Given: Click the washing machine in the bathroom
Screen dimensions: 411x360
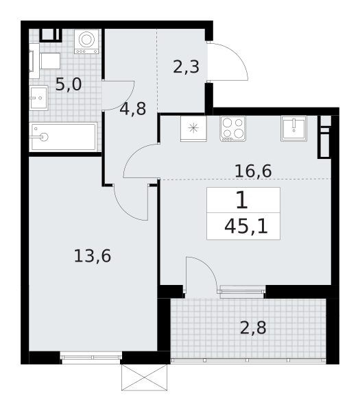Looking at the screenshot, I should point(86,41).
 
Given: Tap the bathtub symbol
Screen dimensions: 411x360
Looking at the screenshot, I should point(64,137).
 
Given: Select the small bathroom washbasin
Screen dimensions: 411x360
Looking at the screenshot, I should point(38,99).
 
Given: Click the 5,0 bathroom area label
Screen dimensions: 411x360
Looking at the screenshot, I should point(68,85).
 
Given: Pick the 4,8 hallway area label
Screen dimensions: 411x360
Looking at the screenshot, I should point(132,109).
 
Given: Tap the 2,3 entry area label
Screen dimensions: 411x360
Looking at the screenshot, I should point(186,67).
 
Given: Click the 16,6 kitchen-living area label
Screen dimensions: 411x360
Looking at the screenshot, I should point(252,171).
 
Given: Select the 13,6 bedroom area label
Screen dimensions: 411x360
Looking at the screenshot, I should point(92,256).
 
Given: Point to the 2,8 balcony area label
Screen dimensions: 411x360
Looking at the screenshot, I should point(252,327).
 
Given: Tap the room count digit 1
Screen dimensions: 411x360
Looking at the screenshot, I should point(241,201).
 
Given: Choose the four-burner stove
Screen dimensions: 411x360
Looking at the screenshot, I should point(232,128).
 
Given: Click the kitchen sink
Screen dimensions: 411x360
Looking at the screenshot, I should point(293,128).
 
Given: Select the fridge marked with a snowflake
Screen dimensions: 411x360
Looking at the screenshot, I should point(193,128).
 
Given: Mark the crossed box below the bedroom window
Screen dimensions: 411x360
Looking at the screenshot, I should point(144,377).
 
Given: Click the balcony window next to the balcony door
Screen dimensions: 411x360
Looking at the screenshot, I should point(242,291).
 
